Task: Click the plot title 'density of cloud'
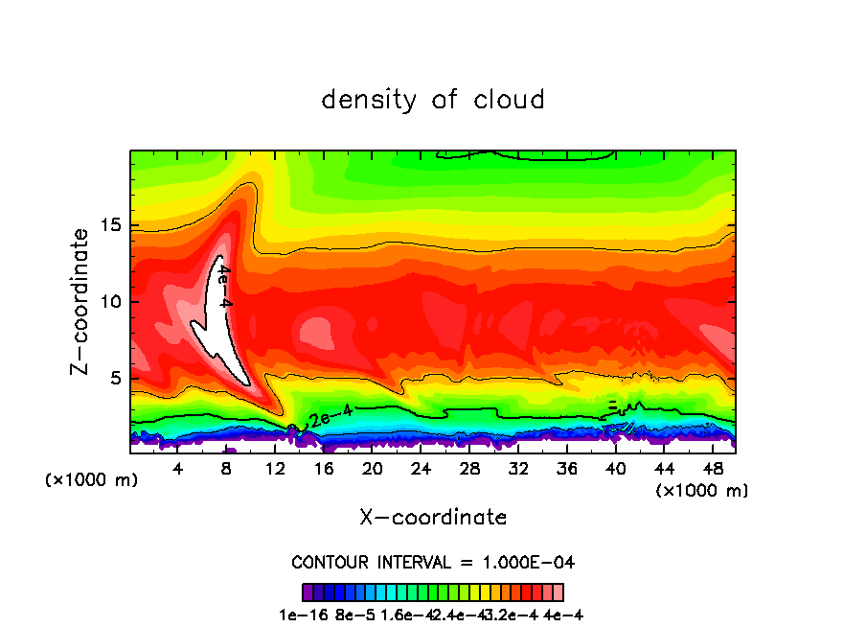click(x=433, y=100)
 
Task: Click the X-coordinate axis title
click(x=433, y=518)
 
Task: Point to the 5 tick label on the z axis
click(x=116, y=379)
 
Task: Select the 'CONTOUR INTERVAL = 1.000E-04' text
click(x=433, y=562)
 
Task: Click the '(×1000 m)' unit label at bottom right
click(x=702, y=491)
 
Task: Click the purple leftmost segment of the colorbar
click(x=308, y=592)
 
